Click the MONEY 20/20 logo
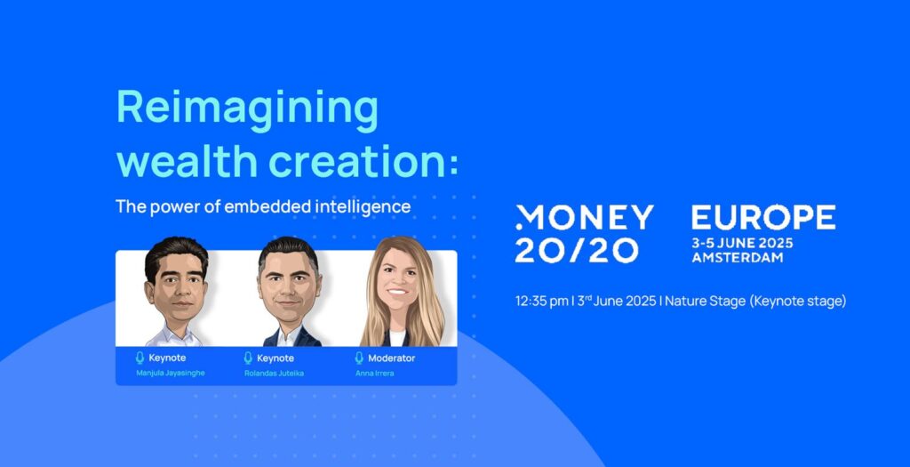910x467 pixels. click(585, 233)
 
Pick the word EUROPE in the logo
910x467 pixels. click(763, 217)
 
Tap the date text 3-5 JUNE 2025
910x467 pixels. click(742, 243)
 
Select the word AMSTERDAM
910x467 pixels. click(738, 257)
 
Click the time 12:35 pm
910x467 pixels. click(541, 301)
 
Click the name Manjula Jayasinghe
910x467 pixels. click(171, 373)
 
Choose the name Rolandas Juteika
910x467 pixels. click(274, 373)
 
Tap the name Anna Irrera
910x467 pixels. click(375, 373)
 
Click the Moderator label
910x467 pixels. click(392, 358)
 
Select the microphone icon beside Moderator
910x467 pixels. click(359, 358)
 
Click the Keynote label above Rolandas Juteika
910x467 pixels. click(275, 358)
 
